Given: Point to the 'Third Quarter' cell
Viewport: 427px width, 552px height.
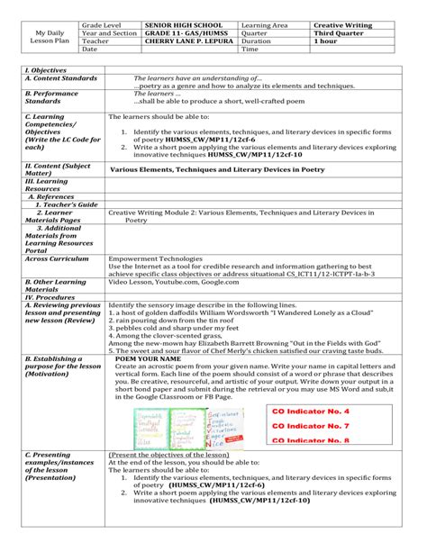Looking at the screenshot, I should point(340,33).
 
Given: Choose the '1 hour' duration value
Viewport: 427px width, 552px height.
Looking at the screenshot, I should point(326,41).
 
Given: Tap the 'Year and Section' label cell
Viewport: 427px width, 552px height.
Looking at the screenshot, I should point(109,33).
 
